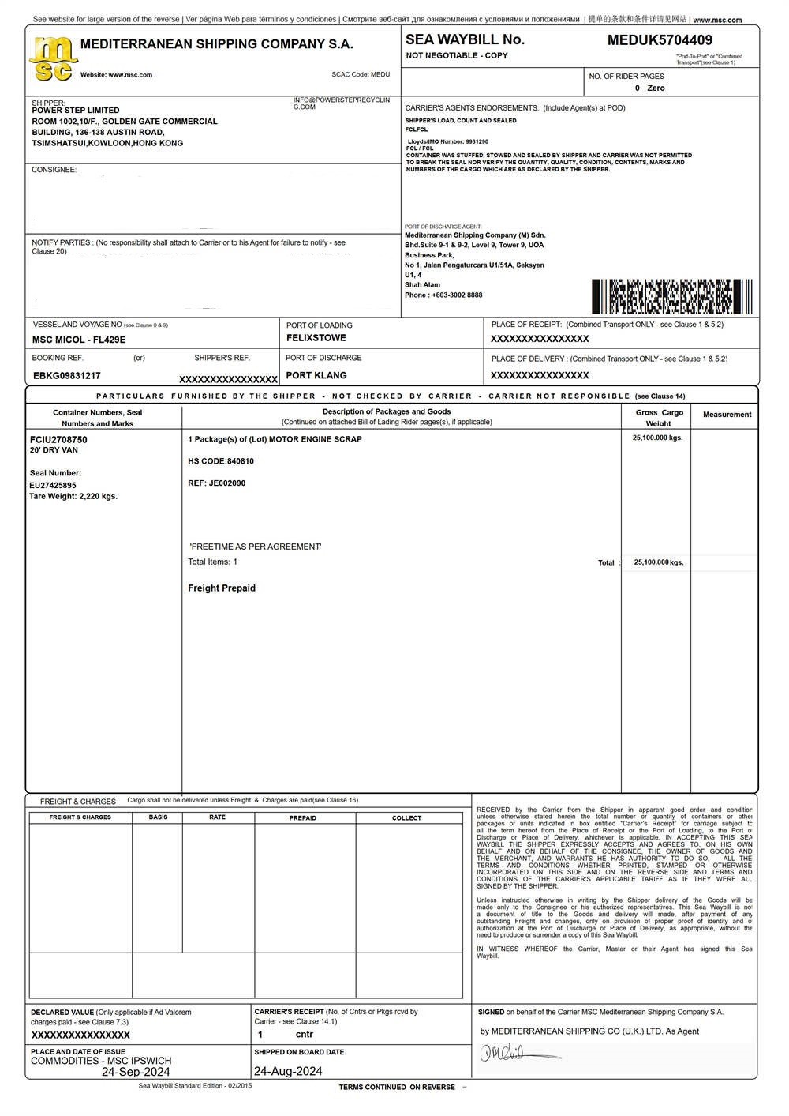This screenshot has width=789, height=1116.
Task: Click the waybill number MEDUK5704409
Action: pos(660,39)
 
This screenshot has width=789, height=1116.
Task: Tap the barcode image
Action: pos(671,297)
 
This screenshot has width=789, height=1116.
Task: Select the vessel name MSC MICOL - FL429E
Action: pos(79,340)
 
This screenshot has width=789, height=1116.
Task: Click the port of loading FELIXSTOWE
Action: pos(316,338)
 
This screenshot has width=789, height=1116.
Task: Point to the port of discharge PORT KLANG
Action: pos(316,376)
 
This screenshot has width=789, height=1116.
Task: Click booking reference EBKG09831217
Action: pos(67,377)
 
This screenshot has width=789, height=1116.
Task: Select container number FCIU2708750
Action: pos(58,440)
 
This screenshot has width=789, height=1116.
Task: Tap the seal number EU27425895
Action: pos(53,486)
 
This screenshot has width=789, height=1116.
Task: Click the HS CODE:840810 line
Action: pos(221,461)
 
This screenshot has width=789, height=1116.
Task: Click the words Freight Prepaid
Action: pos(222,588)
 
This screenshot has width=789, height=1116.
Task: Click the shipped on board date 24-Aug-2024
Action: pos(288,1072)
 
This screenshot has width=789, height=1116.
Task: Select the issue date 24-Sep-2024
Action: pos(136,1073)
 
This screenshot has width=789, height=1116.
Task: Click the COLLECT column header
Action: pos(406,818)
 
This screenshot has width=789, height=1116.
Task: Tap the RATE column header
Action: pos(217,817)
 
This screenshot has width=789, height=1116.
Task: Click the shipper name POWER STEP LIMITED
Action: pos(76,111)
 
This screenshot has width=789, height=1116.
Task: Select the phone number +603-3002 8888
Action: pos(457,295)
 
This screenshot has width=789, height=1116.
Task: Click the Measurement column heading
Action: pos(727,415)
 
